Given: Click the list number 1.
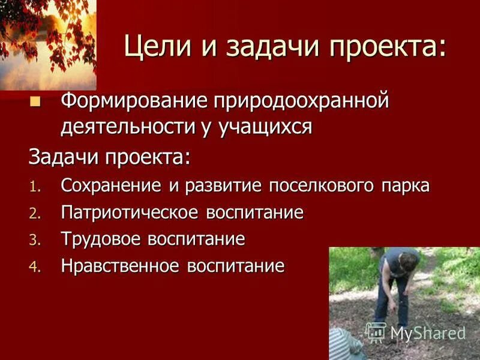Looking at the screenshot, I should tap(34, 187).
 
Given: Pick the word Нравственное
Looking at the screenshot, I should tap(122, 266).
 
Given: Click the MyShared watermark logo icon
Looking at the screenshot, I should tap(376, 331).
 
